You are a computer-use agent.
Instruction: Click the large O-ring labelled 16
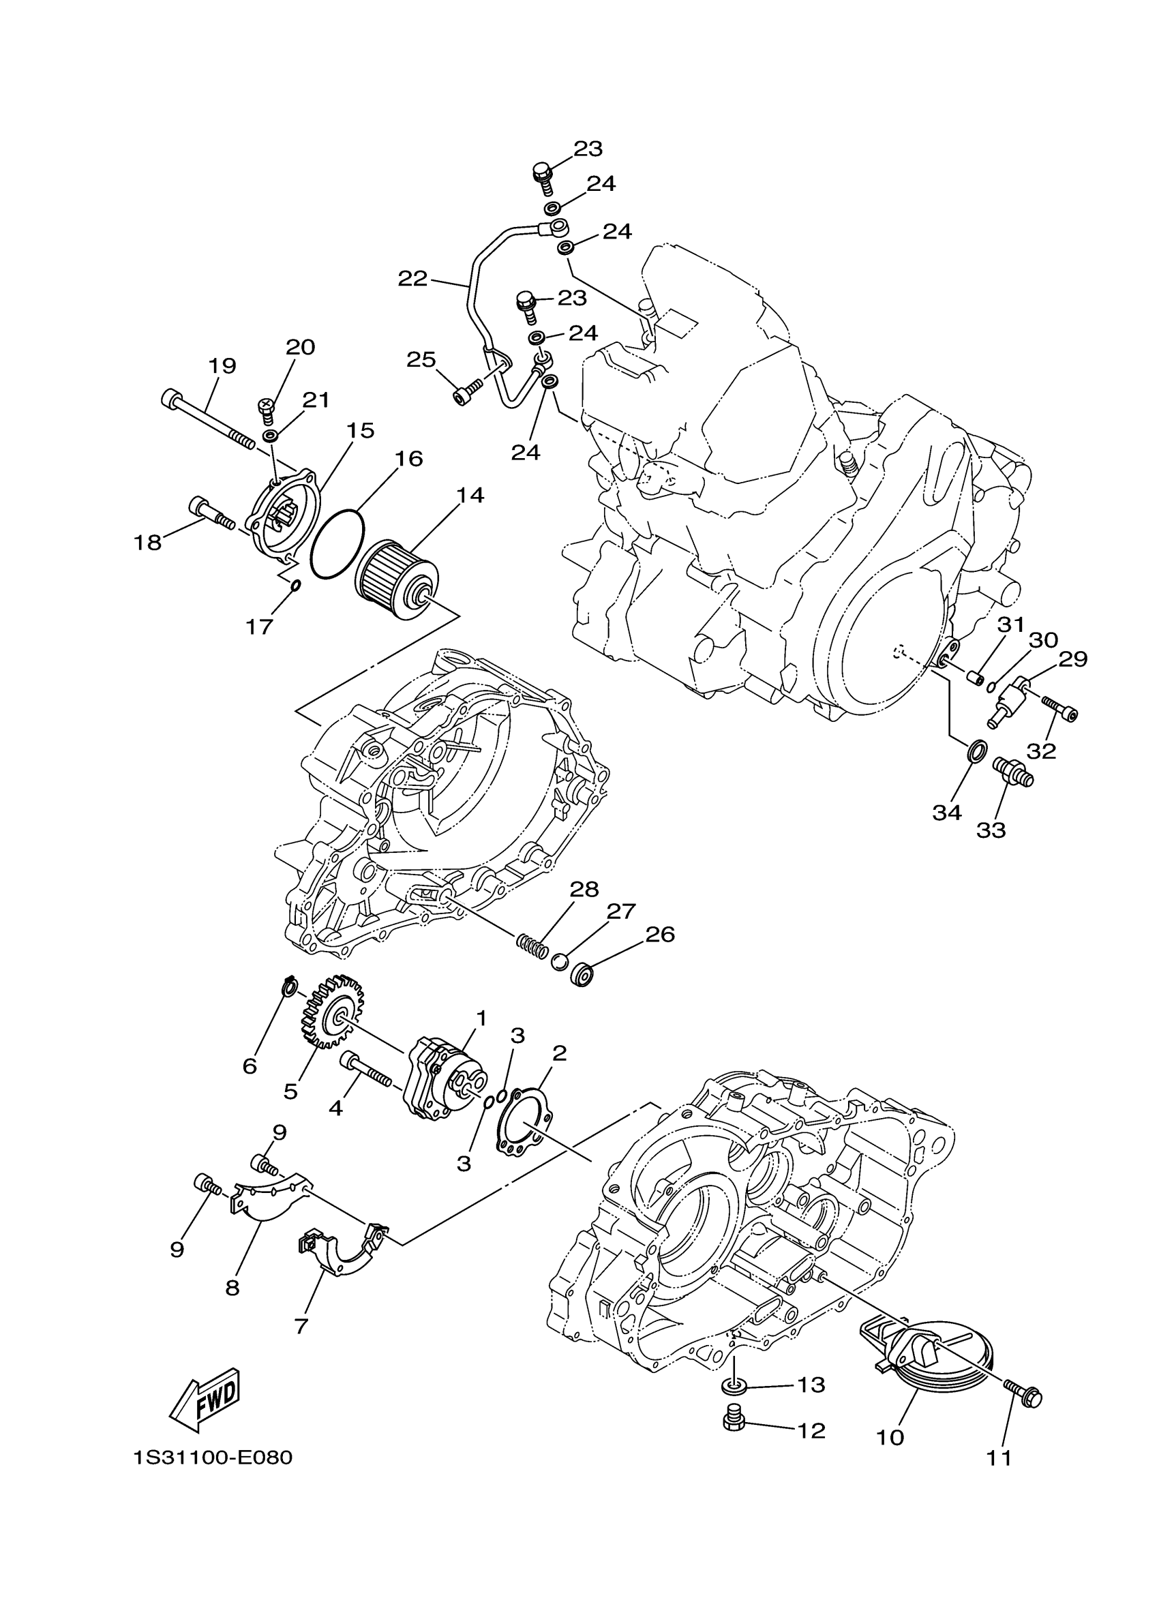point(337,544)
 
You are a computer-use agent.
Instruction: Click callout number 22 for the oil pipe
point(412,280)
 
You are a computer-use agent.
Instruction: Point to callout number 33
point(991,830)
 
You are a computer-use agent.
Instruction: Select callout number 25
point(421,360)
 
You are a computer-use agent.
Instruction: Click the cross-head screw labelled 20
point(266,408)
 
